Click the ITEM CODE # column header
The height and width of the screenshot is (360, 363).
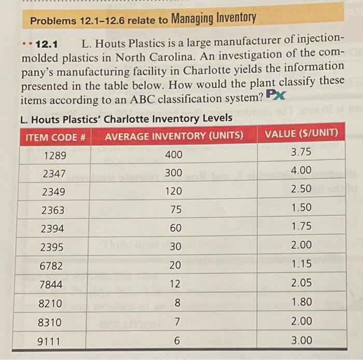pyautogui.click(x=55, y=137)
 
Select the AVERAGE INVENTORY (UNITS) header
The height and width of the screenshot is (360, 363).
pyautogui.click(x=174, y=136)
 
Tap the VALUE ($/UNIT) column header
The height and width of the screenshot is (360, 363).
pyautogui.click(x=301, y=133)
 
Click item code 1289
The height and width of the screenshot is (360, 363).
pyautogui.click(x=54, y=155)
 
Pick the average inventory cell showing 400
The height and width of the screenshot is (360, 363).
pyautogui.click(x=174, y=154)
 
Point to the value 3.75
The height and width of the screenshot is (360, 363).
pyautogui.click(x=301, y=152)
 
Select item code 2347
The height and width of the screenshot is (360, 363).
pyautogui.click(x=54, y=174)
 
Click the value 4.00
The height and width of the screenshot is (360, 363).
pyautogui.click(x=301, y=170)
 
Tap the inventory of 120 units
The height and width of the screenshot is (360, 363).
pyautogui.click(x=174, y=191)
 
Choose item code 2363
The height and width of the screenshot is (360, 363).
pyautogui.click(x=53, y=211)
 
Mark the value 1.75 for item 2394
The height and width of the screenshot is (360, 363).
pyautogui.click(x=301, y=226)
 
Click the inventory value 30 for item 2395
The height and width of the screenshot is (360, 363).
pyautogui.click(x=175, y=247)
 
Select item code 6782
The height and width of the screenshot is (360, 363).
pyautogui.click(x=52, y=266)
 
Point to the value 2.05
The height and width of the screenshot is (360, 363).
pyautogui.click(x=301, y=282)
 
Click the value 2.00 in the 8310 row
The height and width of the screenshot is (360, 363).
pyautogui.click(x=301, y=321)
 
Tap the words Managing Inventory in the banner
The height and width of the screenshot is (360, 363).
pyautogui.click(x=213, y=19)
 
